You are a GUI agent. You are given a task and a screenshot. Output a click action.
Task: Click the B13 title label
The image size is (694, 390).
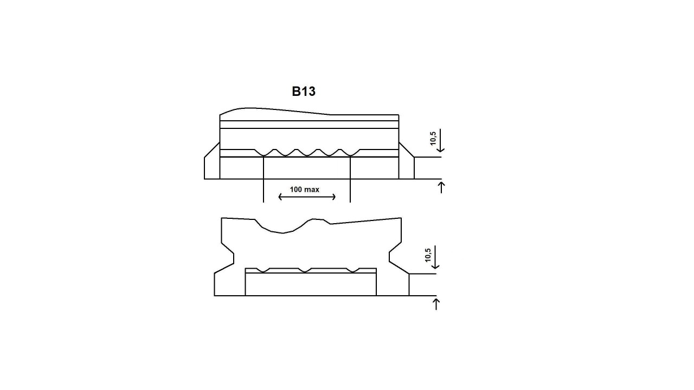pos(304,92)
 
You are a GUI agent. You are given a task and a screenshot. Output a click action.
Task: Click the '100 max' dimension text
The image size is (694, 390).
pos(304,190)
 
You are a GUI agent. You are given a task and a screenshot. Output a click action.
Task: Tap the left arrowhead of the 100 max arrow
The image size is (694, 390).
pos(280,197)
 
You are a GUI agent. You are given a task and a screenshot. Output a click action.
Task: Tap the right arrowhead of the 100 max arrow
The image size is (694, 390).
pos(334,197)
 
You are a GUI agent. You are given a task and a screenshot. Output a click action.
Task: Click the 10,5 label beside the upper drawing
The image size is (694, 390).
pos(433,138)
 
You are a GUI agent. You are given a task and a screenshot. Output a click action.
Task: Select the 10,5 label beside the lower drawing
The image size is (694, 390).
pos(428,255)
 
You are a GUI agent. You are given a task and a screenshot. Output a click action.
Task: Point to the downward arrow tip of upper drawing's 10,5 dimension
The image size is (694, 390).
pos(441,152)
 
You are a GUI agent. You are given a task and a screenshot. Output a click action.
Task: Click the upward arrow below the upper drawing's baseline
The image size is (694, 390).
pos(441,187)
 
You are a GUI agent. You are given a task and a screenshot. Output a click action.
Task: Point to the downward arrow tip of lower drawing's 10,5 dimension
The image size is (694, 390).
pos(435,268)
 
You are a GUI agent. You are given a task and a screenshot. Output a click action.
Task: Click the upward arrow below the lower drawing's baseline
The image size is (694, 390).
pos(436,304)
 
